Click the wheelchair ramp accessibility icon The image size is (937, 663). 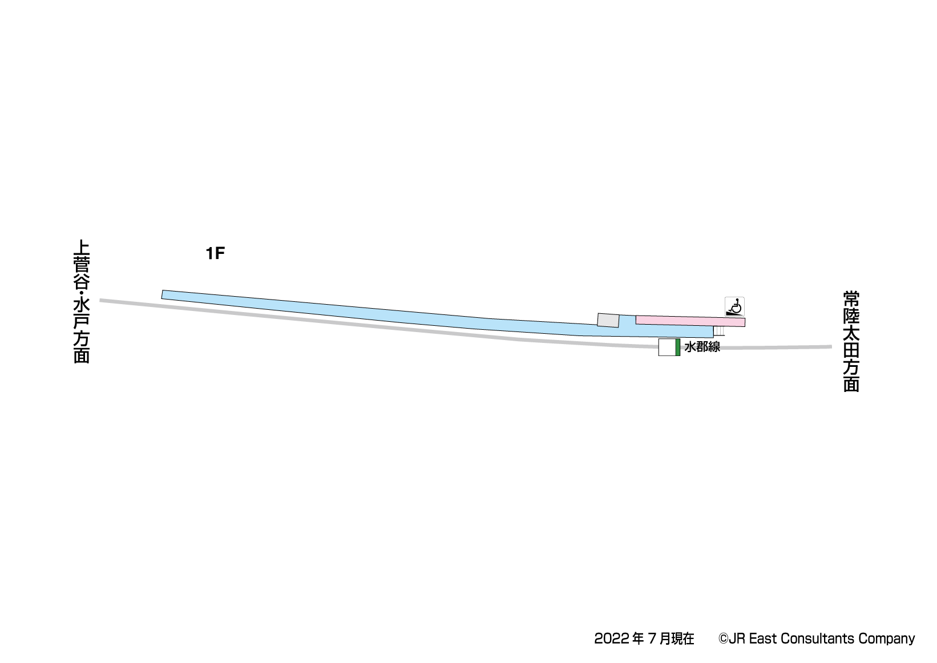coord(734,306)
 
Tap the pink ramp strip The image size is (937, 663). coord(690,321)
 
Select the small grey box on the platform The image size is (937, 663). coord(608,321)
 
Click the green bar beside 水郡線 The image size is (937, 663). coord(678,347)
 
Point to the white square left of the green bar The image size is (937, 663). coord(667,347)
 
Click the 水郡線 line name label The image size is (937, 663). coord(702,347)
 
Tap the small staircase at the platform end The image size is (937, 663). coord(718,331)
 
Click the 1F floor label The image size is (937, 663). coord(216,253)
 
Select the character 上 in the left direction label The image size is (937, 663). coord(82,248)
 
